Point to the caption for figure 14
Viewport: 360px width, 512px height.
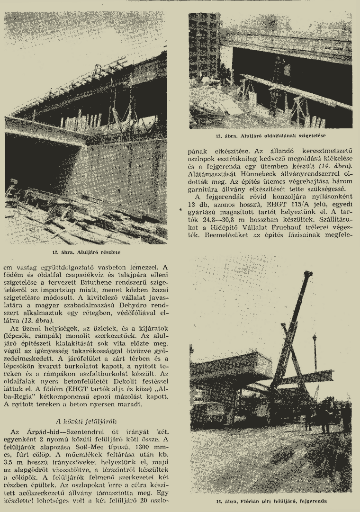pyautogui.click(x=271, y=500)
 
